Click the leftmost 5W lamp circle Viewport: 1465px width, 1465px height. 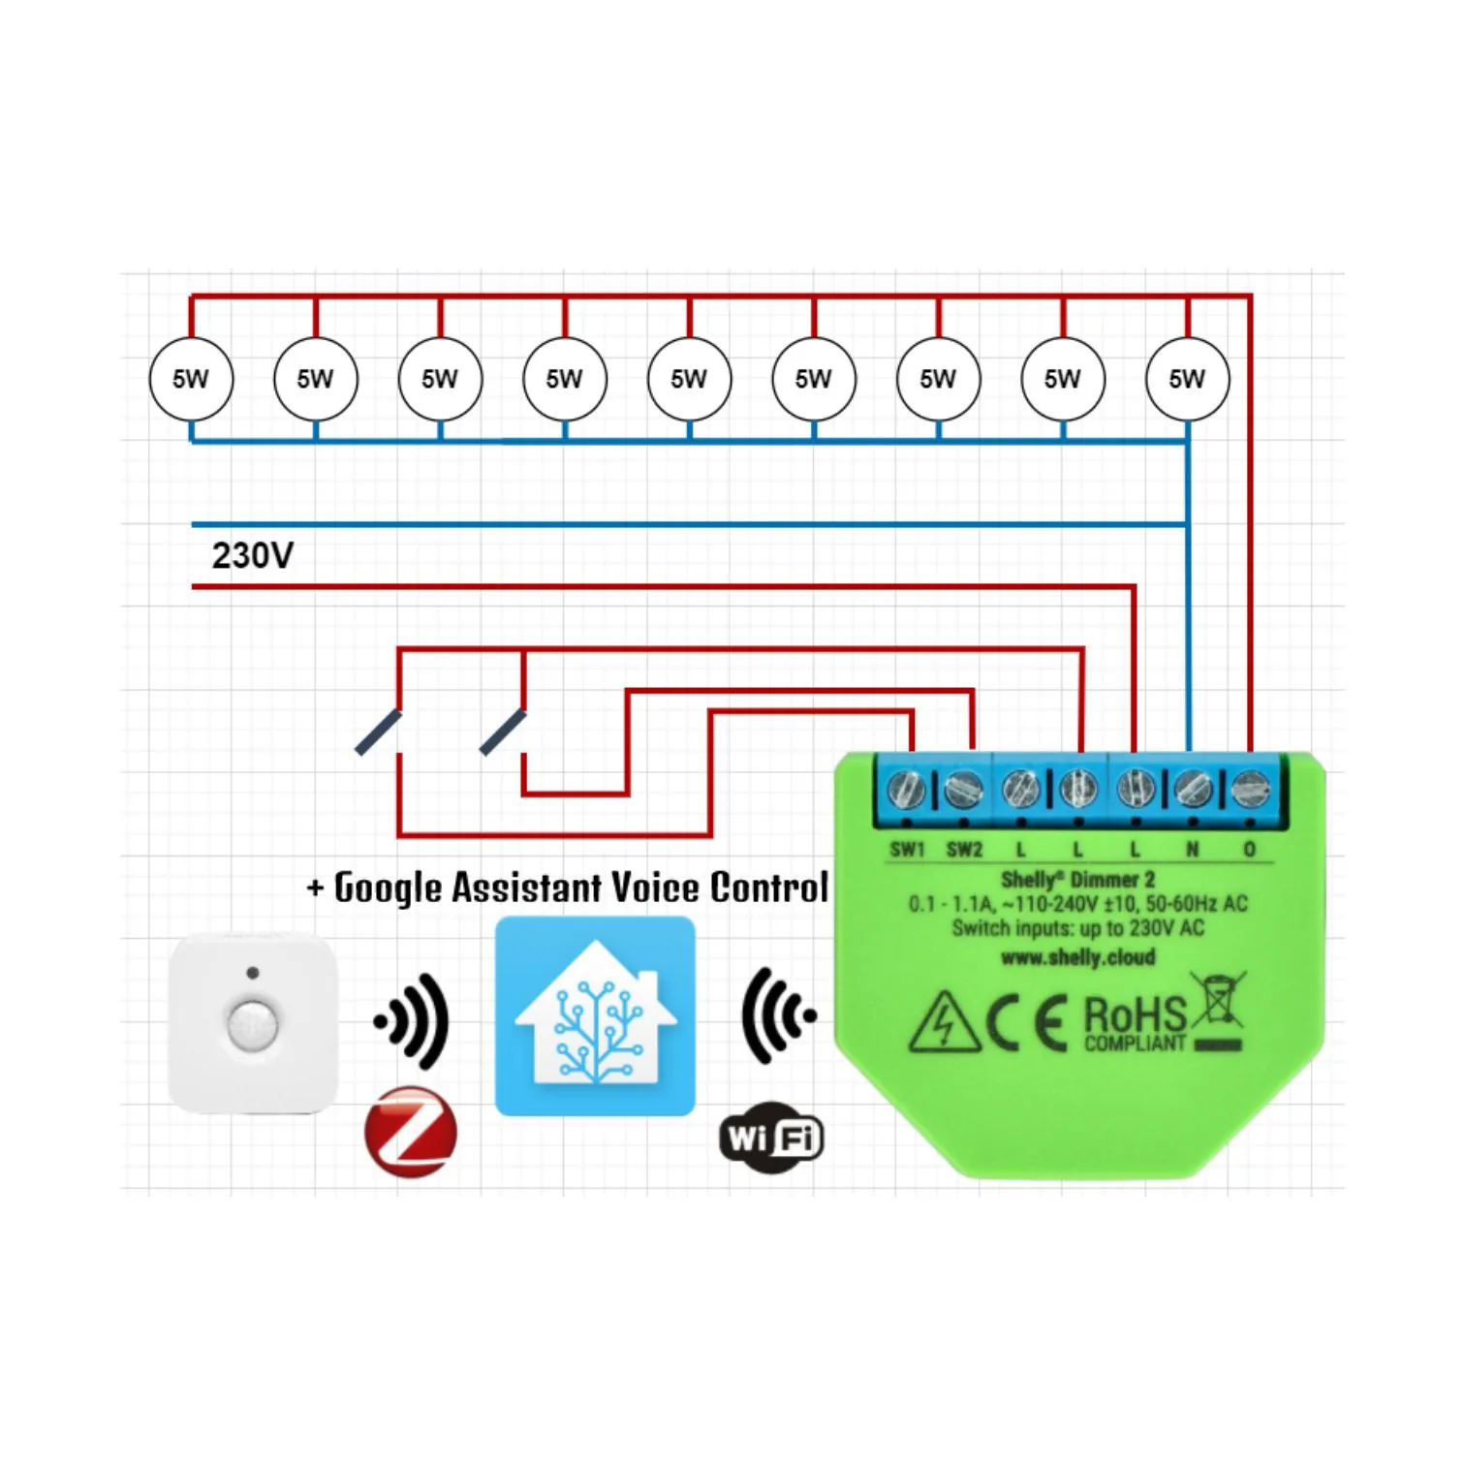(x=191, y=379)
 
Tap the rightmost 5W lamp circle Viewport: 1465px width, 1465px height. (x=1187, y=379)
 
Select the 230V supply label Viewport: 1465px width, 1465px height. (x=252, y=556)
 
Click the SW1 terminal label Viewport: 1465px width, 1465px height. (x=908, y=850)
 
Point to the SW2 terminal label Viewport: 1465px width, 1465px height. (x=964, y=850)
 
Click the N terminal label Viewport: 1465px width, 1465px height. (x=1192, y=850)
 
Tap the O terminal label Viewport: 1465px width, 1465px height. (x=1249, y=850)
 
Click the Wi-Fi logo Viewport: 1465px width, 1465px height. (x=771, y=1138)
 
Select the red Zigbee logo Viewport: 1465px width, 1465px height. (x=411, y=1132)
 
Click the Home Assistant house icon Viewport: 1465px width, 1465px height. (x=595, y=1016)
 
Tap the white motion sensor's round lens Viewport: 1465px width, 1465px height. (x=252, y=1024)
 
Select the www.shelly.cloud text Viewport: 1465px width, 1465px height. (x=1077, y=957)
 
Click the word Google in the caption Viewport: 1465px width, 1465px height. (x=388, y=888)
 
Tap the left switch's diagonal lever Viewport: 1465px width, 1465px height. (x=378, y=732)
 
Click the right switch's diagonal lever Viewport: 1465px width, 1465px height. (x=503, y=732)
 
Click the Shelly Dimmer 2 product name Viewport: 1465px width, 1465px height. (x=1077, y=880)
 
